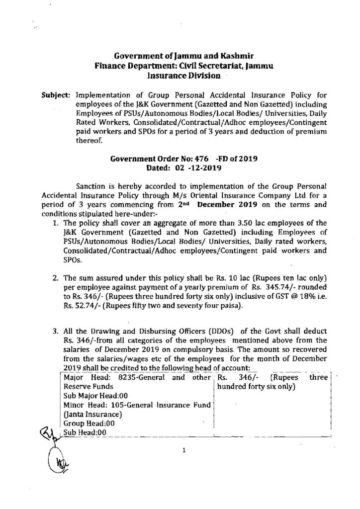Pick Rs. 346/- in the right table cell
230,377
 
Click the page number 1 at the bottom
184,451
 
